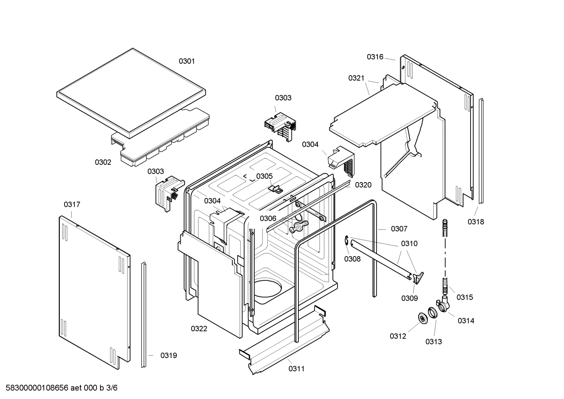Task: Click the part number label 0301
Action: pyautogui.click(x=187, y=61)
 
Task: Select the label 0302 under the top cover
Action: pyautogui.click(x=103, y=162)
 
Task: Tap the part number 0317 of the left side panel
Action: pyautogui.click(x=72, y=204)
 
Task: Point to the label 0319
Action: pyautogui.click(x=169, y=356)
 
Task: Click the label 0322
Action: pyautogui.click(x=199, y=329)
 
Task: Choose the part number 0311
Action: pyautogui.click(x=296, y=368)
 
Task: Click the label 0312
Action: pyautogui.click(x=398, y=336)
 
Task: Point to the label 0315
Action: pyautogui.click(x=465, y=297)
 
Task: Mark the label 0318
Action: pyautogui.click(x=476, y=222)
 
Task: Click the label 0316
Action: pyautogui.click(x=375, y=57)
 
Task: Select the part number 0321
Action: pyautogui.click(x=356, y=78)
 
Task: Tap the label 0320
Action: pyautogui.click(x=363, y=185)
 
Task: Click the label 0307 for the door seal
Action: pyautogui.click(x=399, y=229)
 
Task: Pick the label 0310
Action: pyautogui.click(x=409, y=244)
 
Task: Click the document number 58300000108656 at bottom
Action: pyautogui.click(x=35, y=388)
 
